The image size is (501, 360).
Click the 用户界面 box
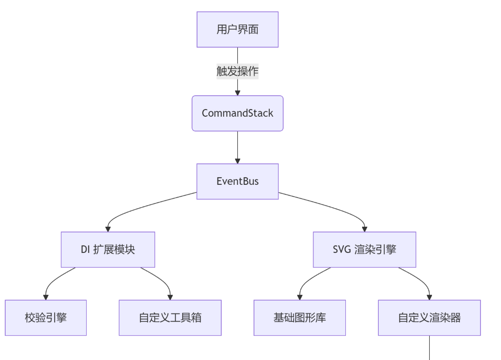coord(237,30)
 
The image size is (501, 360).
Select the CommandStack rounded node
coord(237,113)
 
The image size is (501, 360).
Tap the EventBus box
coord(237,181)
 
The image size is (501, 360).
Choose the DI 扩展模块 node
coord(108,250)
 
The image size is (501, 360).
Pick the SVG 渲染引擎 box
coord(364,250)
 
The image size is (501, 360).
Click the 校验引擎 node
coord(46,318)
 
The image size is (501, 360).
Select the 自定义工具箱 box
coord(170,318)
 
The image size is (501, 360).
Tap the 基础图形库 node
coord(300,318)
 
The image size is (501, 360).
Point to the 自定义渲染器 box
coord(429,318)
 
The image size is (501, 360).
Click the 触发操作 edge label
coord(237,71)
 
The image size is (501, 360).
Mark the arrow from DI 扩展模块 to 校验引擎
coord(55,281)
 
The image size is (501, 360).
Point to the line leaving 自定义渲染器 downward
coord(430,348)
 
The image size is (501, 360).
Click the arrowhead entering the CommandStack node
coord(237,92)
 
